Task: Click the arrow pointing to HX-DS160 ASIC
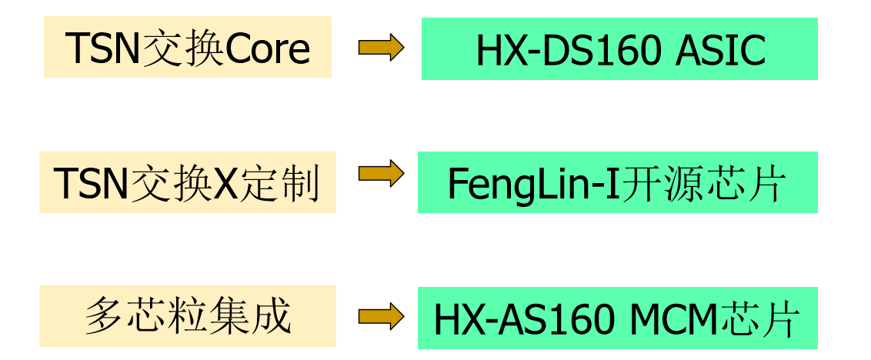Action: [x=381, y=47]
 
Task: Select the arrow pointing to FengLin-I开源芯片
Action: [x=381, y=173]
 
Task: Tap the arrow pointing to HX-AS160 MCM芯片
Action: [x=381, y=317]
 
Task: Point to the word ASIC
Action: [x=721, y=51]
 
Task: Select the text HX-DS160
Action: [x=569, y=51]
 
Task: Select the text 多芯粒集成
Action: [x=189, y=317]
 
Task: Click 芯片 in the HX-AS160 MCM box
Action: [x=766, y=318]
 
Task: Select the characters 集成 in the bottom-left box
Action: [x=251, y=317]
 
